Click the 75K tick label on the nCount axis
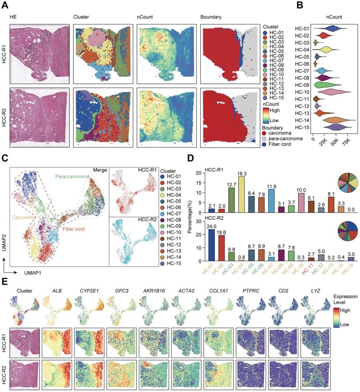347,141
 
